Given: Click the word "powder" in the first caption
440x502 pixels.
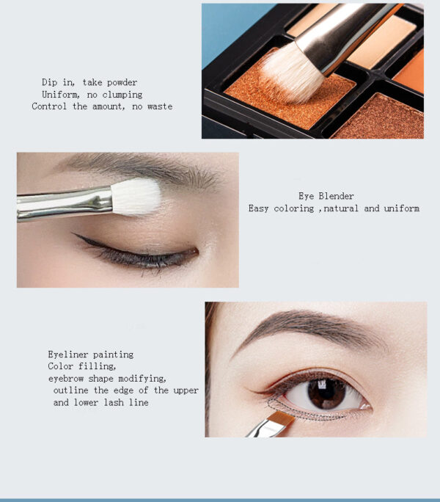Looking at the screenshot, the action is pyautogui.click(x=122, y=83).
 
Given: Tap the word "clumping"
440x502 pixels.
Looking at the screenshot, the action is pyautogui.click(x=122, y=95).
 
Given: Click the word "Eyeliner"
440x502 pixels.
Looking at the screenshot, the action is pyautogui.click(x=68, y=354).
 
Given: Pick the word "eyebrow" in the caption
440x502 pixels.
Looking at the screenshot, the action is pyautogui.click(x=65, y=379).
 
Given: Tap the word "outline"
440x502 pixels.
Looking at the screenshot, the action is pyautogui.click(x=70, y=390).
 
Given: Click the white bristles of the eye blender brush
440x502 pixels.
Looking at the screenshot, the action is pyautogui.click(x=136, y=197).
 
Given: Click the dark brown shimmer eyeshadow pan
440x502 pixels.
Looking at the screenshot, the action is pyautogui.click(x=381, y=117).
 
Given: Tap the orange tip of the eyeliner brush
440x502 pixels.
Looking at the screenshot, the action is pyautogui.click(x=282, y=418).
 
